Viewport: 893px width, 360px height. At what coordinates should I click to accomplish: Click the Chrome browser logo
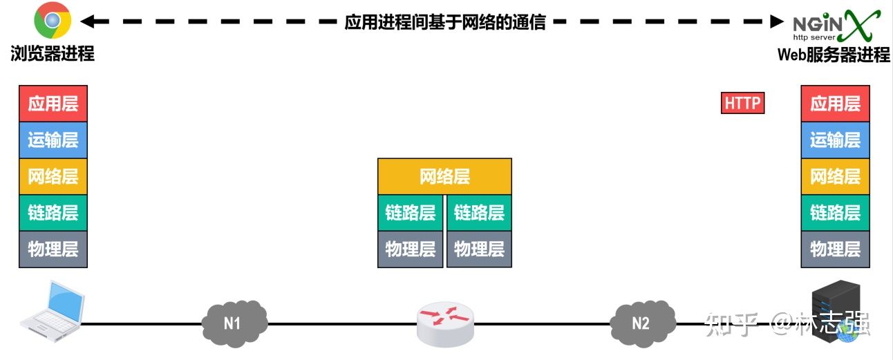[53, 22]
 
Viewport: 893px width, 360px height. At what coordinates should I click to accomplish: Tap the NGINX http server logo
[836, 26]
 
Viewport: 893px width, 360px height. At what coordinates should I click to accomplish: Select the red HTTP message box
[742, 104]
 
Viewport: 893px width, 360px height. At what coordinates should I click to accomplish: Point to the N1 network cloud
[233, 321]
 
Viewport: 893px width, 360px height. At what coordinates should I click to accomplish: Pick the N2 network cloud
[641, 322]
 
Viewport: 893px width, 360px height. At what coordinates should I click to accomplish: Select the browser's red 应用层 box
[53, 104]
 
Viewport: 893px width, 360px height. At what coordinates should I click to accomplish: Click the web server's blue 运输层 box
[835, 140]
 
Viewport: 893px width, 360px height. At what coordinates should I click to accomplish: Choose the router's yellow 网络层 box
[444, 176]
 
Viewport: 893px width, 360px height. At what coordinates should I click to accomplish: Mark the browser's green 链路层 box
[53, 213]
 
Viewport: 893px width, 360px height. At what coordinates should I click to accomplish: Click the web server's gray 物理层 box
[835, 249]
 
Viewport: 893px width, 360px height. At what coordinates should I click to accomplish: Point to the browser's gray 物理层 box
[53, 249]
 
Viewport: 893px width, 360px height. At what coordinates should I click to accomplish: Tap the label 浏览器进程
[53, 54]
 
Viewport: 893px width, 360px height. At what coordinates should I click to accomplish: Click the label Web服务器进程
[834, 55]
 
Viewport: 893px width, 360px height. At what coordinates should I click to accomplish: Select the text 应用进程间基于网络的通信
[445, 22]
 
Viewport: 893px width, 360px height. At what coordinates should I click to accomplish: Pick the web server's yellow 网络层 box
[835, 176]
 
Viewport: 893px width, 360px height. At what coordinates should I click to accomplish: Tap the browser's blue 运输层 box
[53, 140]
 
